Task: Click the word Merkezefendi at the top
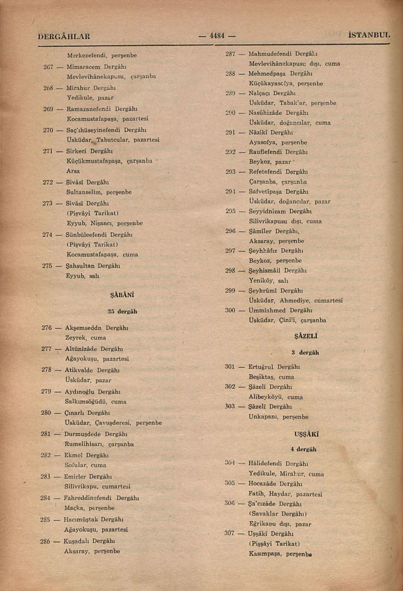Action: (x=84, y=55)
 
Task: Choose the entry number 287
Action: (x=231, y=54)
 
